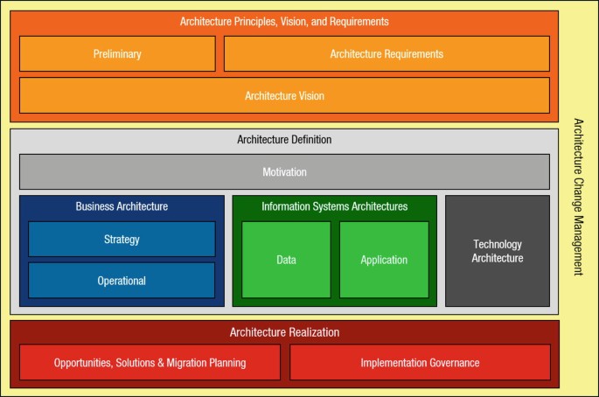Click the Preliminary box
tap(117, 54)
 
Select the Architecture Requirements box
tap(387, 54)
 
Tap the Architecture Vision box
tap(284, 95)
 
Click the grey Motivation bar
tap(284, 172)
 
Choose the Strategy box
tap(122, 239)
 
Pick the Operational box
tap(122, 281)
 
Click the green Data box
tap(286, 260)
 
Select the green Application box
tap(384, 260)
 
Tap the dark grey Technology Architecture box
tap(498, 251)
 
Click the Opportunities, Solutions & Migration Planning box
tap(150, 362)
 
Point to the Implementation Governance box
tap(420, 362)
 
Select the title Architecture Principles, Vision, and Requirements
tap(284, 21)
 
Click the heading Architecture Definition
tap(284, 139)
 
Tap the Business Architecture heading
tap(122, 206)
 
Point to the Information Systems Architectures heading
tap(334, 206)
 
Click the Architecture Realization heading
tap(284, 332)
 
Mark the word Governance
tap(448, 362)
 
